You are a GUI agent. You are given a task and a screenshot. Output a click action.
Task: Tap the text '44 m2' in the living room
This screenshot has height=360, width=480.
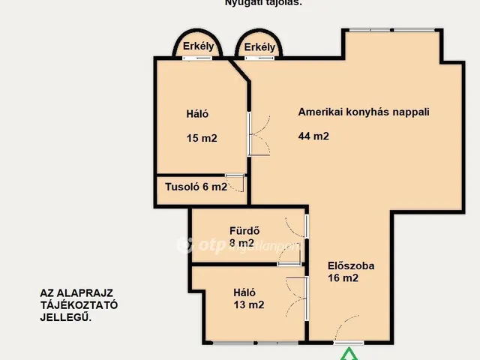coord(313,136)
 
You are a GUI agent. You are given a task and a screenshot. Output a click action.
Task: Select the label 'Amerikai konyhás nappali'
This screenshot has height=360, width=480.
coord(364,112)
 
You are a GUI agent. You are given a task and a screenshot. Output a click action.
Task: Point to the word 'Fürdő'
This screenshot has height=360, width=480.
coord(244,231)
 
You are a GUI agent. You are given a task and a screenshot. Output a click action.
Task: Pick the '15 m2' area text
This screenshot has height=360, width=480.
coord(202,138)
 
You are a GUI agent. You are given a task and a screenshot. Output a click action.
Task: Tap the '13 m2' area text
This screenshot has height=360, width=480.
coord(248,304)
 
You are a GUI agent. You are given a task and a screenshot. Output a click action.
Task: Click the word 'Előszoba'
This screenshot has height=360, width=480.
coord(351,265)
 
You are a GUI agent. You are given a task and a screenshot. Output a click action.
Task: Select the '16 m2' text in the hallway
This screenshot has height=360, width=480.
coord(343,278)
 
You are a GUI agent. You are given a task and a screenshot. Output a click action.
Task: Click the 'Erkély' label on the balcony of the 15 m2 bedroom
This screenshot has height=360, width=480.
coord(199,46)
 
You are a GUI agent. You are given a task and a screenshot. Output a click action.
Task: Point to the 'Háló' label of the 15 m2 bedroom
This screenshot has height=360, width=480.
coord(197,115)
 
